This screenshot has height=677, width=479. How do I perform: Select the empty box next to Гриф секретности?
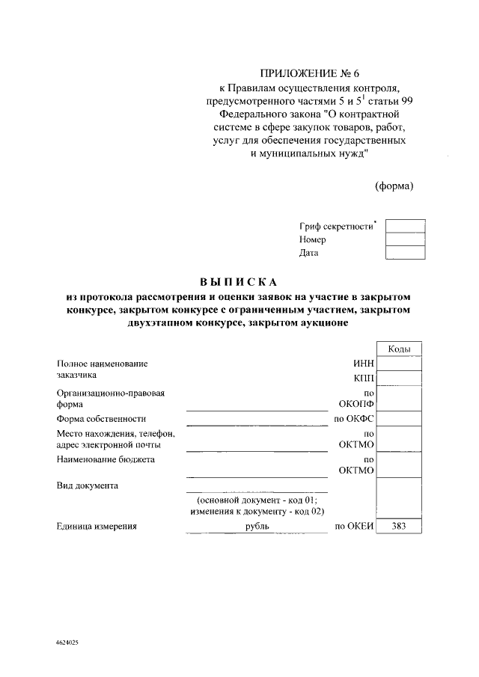[x=405, y=226]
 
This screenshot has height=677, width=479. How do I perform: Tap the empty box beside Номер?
[x=405, y=239]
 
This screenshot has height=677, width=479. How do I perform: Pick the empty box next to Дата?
[x=405, y=253]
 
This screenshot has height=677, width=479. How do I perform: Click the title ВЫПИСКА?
[x=239, y=282]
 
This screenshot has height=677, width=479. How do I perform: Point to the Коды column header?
[x=399, y=349]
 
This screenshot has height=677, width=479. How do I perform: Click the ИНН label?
[x=363, y=364]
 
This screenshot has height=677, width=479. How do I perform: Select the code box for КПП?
[x=399, y=378]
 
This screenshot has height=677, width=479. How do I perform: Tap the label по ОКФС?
[x=354, y=419]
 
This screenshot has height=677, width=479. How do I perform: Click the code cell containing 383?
[x=399, y=527]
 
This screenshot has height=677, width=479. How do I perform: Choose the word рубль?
[x=257, y=527]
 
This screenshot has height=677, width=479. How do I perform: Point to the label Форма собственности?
[x=101, y=419]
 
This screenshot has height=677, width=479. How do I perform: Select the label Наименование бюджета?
[x=106, y=459]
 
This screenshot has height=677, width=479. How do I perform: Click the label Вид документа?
[x=87, y=485]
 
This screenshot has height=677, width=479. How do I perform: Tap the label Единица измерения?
[x=97, y=527]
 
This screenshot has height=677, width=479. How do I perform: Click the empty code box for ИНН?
[x=399, y=364]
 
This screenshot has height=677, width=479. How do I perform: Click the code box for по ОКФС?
[x=399, y=419]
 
